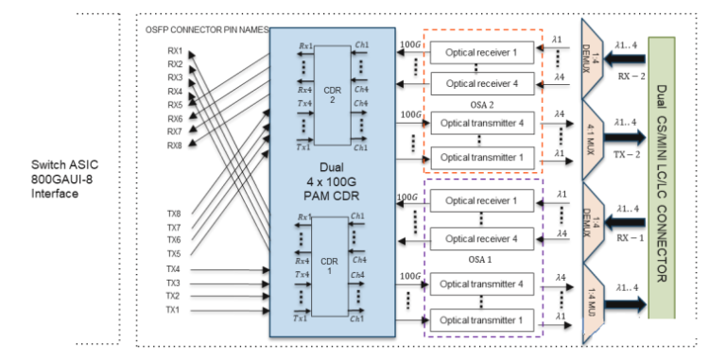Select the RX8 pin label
tap(175, 145)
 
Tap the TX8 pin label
tap(174, 214)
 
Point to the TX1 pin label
tap(174, 309)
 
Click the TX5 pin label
tap(174, 254)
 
